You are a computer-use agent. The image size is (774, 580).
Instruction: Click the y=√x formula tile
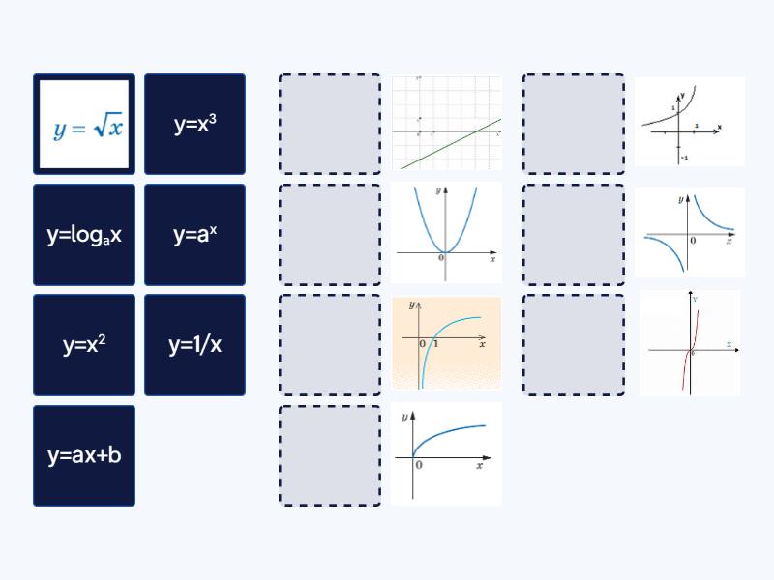click(x=84, y=124)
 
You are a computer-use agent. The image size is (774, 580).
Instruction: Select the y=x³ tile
click(x=194, y=124)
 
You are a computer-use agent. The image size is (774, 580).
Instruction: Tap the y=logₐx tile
click(x=84, y=234)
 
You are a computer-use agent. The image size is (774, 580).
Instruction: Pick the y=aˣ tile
click(x=194, y=234)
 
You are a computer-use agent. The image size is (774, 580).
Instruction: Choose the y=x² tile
click(x=84, y=344)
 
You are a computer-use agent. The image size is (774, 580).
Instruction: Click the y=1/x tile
click(x=194, y=344)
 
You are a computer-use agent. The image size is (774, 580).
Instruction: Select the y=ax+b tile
click(x=84, y=454)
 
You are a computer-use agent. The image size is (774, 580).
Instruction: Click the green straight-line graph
click(x=446, y=124)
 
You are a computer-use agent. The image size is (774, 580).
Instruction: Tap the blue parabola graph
click(x=446, y=232)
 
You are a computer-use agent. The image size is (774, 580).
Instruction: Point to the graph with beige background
click(x=446, y=343)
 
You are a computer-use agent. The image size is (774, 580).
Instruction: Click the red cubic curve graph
click(x=690, y=343)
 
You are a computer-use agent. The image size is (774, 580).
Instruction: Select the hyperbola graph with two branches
click(x=690, y=232)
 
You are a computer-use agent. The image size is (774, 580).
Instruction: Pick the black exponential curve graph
click(x=690, y=122)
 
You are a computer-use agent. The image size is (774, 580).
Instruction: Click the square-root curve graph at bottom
click(x=446, y=453)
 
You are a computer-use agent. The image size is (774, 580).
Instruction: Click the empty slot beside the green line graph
click(x=330, y=124)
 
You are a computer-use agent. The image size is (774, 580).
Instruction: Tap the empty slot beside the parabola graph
click(x=330, y=234)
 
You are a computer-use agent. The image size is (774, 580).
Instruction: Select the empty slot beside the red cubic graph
click(x=575, y=344)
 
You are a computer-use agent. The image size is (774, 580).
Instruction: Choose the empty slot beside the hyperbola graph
click(x=575, y=234)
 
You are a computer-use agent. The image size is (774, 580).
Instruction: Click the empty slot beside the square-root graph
click(x=330, y=454)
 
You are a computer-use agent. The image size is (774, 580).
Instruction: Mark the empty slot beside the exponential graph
click(x=575, y=124)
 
